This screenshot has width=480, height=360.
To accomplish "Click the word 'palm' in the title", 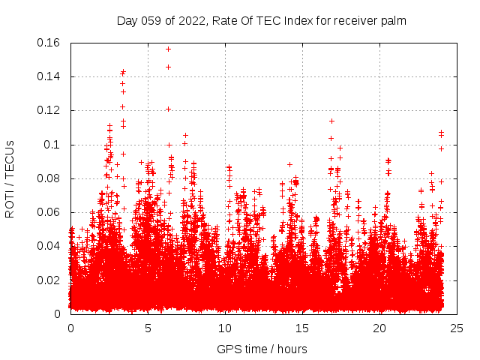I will pos(393,21).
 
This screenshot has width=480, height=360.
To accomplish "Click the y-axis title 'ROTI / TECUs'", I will pos(10,178).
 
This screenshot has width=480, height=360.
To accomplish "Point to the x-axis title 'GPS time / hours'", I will pos(262,349).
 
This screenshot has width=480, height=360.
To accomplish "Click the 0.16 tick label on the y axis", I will pos(49,43).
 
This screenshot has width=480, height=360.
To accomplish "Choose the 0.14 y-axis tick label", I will pos(49,76).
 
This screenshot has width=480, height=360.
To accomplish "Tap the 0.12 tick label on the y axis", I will pos(49,110).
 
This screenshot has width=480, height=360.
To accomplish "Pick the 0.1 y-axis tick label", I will pos(53,145).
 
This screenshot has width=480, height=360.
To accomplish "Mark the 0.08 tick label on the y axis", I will pos(49,178).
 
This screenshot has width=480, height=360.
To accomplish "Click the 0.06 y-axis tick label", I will pos(49,212).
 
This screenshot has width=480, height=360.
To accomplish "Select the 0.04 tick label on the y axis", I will pos(49,246).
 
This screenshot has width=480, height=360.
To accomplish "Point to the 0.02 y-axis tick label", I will pos(49,280).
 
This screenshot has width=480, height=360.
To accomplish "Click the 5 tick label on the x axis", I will pos(148,328).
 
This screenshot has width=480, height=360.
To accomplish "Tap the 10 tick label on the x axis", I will pos(226,328).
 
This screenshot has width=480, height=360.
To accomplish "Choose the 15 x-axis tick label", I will pos(303,328).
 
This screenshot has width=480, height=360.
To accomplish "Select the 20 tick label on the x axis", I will pos(380,328).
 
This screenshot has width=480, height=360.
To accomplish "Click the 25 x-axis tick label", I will pos(457,328).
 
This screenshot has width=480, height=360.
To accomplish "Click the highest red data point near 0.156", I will pos(168,49).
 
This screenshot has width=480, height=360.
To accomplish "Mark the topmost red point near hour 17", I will pos(331,121).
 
